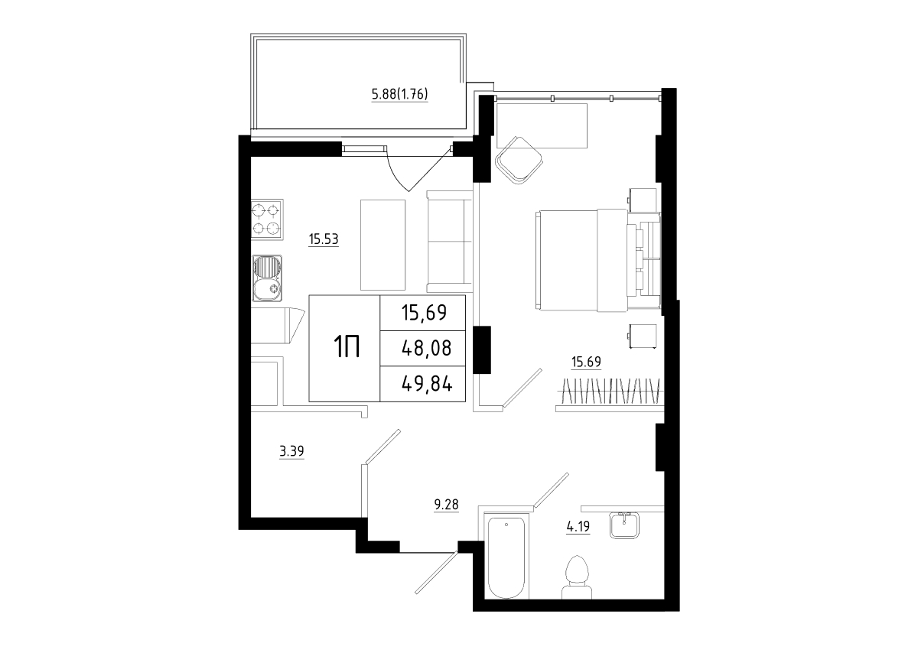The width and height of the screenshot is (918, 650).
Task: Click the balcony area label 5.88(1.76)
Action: (x=399, y=95)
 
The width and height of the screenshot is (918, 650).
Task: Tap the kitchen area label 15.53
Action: (x=324, y=239)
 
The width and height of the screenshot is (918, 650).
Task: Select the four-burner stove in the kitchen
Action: (x=267, y=220)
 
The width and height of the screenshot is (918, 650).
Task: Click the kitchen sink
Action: (x=267, y=278)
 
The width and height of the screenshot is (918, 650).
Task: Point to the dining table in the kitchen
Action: (x=382, y=245)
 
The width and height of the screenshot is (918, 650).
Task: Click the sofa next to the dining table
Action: (x=450, y=242)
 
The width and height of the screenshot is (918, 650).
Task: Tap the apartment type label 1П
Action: (x=347, y=346)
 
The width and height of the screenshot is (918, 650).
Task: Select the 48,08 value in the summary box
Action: (x=427, y=348)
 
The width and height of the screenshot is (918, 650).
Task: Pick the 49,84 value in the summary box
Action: (x=427, y=384)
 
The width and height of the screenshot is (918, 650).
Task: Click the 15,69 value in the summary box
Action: (x=424, y=313)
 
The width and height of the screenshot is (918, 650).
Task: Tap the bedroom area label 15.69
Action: (x=586, y=362)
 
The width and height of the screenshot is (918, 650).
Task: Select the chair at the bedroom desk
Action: (x=519, y=160)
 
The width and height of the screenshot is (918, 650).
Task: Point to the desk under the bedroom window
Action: (x=542, y=125)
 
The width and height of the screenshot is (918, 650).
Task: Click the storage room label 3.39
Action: (x=291, y=452)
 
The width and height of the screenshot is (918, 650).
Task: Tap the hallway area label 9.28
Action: (x=446, y=505)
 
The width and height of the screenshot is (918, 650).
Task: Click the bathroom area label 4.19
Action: (x=578, y=526)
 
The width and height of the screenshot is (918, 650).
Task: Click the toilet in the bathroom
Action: (x=577, y=577)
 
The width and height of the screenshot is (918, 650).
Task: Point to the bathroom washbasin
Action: (x=624, y=525)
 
